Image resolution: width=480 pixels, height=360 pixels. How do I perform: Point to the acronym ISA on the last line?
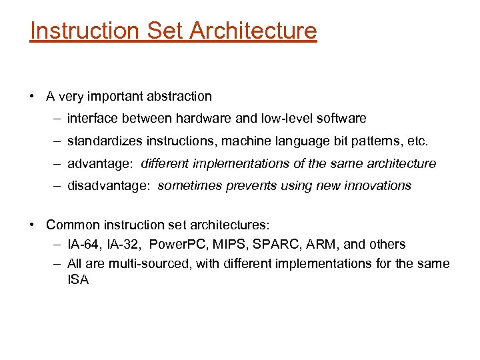(78, 280)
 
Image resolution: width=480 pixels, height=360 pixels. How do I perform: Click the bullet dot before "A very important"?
(32, 96)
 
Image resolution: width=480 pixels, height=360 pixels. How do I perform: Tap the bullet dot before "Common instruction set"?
(32, 225)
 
